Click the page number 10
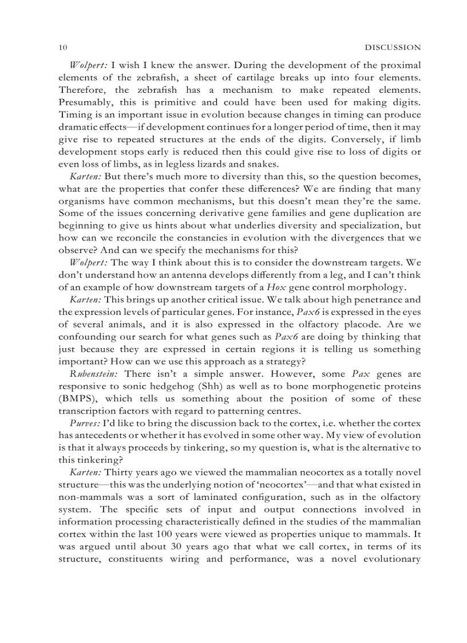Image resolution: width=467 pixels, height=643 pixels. tap(64, 47)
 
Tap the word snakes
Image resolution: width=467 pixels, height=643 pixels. tap(247, 165)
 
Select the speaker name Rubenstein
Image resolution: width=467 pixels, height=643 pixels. tap(93, 374)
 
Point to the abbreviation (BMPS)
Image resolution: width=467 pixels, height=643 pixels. tap(78, 399)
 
